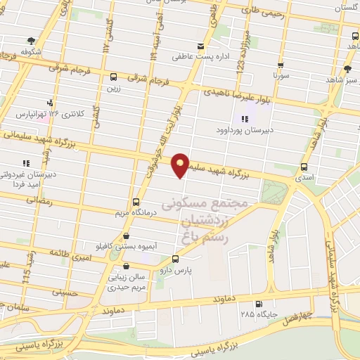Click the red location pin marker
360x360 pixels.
[x=180, y=165]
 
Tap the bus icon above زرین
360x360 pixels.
[x=114, y=77]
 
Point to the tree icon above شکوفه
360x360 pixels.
[x=30, y=40]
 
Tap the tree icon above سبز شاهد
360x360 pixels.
[x=347, y=68]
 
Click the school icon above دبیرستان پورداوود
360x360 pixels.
[x=245, y=118]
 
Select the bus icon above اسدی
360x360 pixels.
[x=304, y=167]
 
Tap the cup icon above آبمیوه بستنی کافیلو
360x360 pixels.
[x=126, y=236]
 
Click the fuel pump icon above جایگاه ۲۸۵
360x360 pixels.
[x=259, y=304]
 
